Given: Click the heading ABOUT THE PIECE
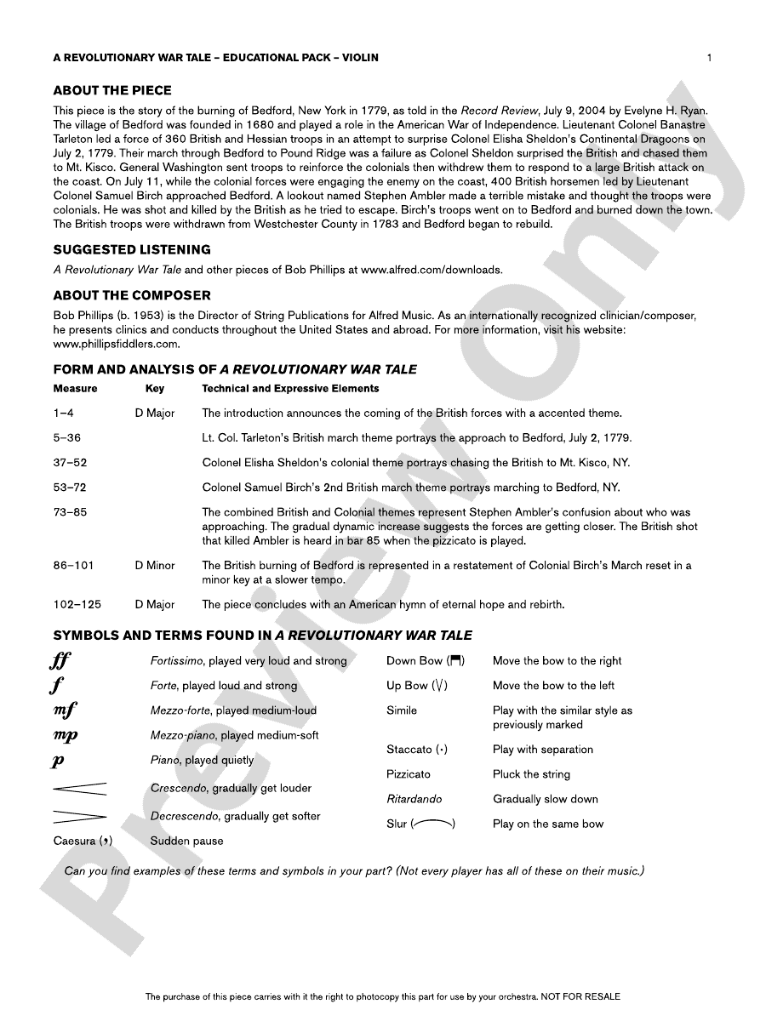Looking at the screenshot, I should (112, 90).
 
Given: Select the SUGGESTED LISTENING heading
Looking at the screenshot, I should (132, 249).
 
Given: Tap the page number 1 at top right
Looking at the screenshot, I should (709, 58).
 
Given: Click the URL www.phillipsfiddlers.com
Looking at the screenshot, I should (117, 344).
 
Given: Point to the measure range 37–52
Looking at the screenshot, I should (70, 463).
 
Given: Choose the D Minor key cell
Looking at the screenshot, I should (155, 565).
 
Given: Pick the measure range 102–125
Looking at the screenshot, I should (77, 604).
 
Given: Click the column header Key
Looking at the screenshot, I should (155, 388).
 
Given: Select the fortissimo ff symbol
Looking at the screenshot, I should (60, 661).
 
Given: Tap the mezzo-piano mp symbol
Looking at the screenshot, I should (65, 735).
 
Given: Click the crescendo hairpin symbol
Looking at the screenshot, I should (80, 789).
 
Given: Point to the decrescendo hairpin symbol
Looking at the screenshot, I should (80, 817).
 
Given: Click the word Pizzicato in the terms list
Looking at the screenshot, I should (409, 774).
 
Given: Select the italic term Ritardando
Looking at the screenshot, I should (414, 799).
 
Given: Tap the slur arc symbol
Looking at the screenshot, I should (432, 824).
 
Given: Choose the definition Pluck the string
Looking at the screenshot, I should (531, 774).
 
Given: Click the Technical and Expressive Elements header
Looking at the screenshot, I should (290, 388).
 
